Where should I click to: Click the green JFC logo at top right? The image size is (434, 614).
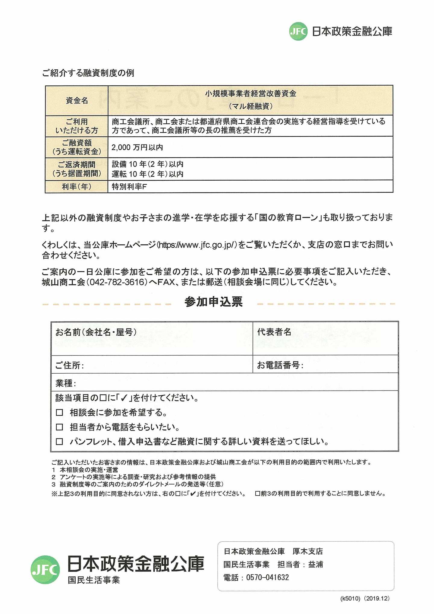click(x=298, y=31)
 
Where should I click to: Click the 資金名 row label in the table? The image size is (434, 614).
click(x=77, y=101)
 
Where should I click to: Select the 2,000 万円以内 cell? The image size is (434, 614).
click(x=137, y=147)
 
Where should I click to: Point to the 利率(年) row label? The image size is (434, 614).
click(x=77, y=187)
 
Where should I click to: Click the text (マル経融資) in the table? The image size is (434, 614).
click(x=251, y=106)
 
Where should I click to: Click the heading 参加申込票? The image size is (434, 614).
click(x=214, y=302)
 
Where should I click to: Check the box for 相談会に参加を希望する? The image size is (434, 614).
click(x=59, y=413)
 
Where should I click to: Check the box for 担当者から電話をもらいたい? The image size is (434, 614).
click(x=59, y=427)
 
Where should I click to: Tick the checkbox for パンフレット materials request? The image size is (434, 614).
click(x=59, y=442)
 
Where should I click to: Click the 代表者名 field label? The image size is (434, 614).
click(x=274, y=332)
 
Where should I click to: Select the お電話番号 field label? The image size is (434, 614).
click(x=280, y=366)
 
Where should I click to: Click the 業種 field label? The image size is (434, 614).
click(x=65, y=383)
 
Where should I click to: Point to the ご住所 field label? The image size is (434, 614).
click(x=69, y=366)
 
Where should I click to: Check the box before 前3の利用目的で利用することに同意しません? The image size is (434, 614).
click(x=257, y=494)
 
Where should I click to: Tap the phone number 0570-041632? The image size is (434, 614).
click(x=268, y=578)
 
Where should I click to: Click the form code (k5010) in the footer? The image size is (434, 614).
click(x=350, y=599)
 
